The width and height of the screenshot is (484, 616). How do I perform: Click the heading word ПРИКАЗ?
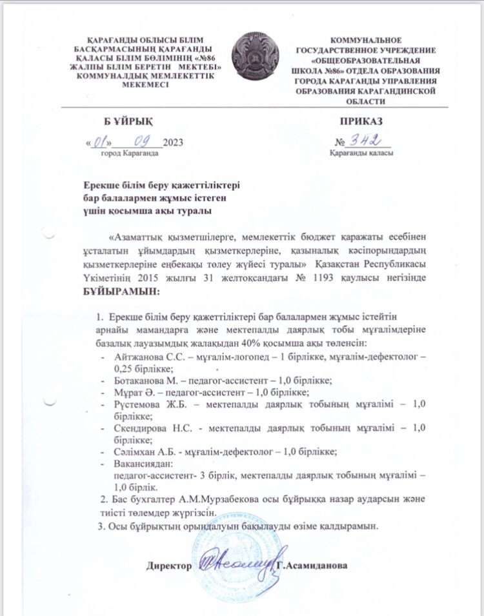(361, 121)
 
